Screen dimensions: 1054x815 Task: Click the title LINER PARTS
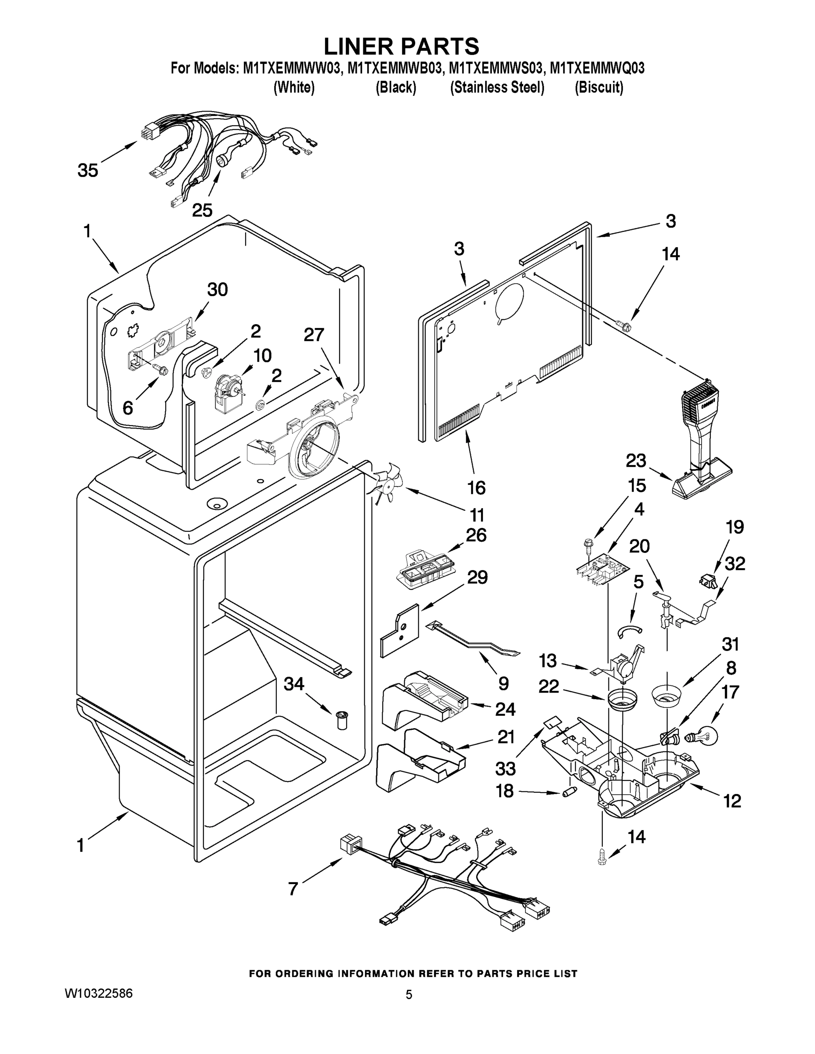(401, 46)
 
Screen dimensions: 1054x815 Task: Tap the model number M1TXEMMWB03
(395, 68)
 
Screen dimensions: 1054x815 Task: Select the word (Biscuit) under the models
(599, 87)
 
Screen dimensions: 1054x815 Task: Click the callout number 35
(88, 170)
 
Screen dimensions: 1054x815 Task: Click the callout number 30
(217, 289)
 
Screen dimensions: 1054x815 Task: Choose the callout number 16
(476, 488)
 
